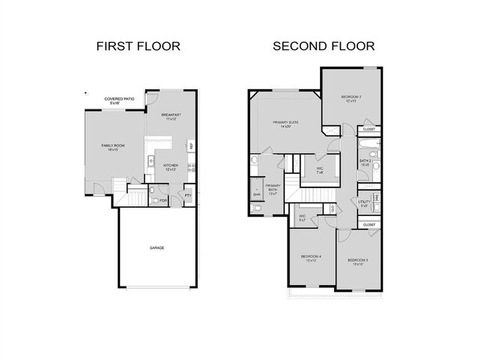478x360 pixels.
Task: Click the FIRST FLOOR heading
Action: pos(139,46)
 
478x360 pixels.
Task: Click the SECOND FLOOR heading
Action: pos(324,46)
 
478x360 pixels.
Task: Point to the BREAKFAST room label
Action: pos(171,116)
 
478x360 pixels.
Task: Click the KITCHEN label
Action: pos(171,167)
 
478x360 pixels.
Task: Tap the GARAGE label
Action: pos(157,247)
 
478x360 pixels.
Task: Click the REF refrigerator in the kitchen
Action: pos(192,145)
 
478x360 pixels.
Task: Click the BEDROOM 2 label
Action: pos(351,98)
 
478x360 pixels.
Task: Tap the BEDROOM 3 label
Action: pos(357,262)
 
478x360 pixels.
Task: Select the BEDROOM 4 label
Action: pos(312,258)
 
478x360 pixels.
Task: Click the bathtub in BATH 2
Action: pos(369,144)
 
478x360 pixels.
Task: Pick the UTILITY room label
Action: pos(365,203)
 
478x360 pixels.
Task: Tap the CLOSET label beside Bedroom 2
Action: pos(369,129)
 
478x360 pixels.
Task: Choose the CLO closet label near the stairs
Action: pos(331,208)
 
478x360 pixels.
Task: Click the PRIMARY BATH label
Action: pos(273,188)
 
